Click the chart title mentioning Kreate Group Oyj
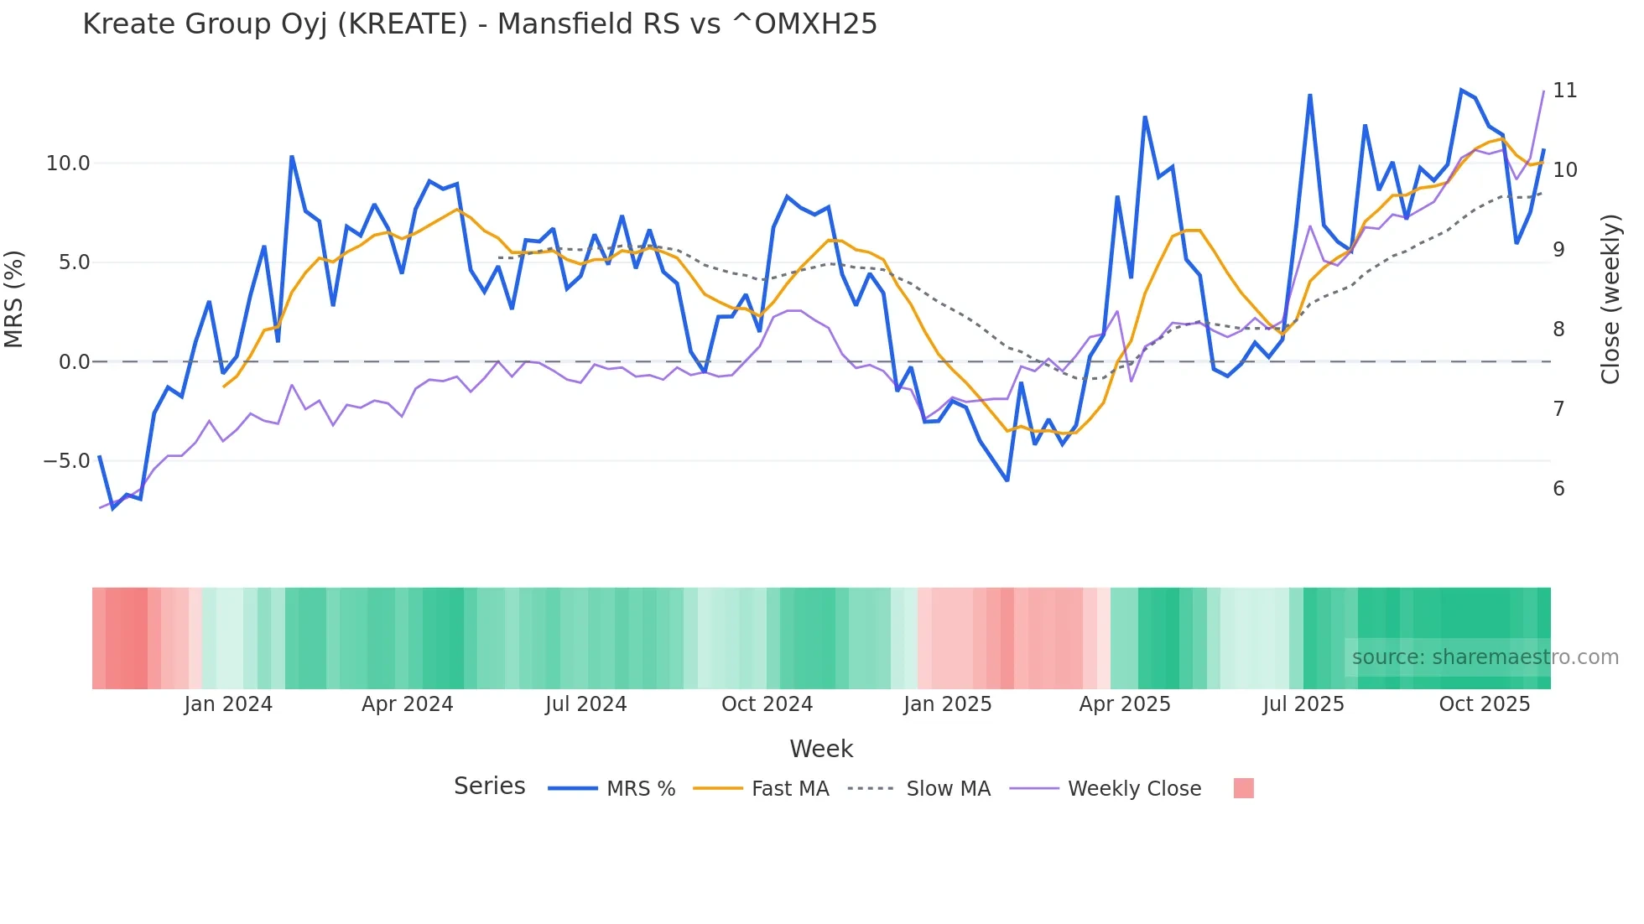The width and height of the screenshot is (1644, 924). click(480, 24)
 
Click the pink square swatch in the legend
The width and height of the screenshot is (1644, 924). click(1243, 788)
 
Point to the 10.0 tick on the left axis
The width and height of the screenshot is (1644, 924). click(68, 164)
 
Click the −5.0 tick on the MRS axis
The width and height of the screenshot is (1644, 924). click(66, 461)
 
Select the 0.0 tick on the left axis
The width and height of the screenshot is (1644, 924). click(74, 362)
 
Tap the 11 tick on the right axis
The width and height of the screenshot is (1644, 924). click(1564, 91)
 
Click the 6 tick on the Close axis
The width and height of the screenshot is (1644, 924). click(1558, 489)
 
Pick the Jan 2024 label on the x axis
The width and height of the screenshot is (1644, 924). click(228, 704)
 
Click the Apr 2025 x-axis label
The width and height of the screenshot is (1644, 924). click(1124, 704)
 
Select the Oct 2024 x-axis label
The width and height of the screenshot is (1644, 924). click(767, 704)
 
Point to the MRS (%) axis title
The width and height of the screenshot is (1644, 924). click(14, 298)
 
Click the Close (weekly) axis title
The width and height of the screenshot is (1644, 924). click(1610, 298)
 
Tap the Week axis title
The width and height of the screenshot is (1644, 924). click(820, 749)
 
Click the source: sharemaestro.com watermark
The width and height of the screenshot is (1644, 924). click(1485, 657)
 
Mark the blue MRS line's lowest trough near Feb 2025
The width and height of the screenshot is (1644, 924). click(1007, 480)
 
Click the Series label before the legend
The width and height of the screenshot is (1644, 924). click(489, 786)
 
